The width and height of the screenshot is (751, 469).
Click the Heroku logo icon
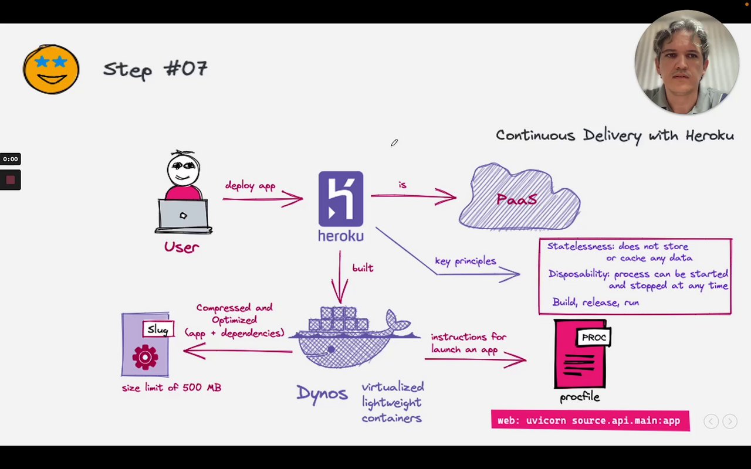point(341,199)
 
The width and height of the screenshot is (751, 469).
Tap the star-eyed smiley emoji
point(51,69)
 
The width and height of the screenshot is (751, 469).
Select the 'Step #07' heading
point(155,69)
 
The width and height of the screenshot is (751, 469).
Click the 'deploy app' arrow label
point(250,186)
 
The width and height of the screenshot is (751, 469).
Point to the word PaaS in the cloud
point(517,199)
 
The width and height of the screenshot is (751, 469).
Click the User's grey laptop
point(183,216)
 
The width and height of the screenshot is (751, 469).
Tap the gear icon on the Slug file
point(145,356)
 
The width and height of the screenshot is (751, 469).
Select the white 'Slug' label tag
point(158,329)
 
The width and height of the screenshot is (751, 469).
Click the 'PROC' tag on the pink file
point(594,338)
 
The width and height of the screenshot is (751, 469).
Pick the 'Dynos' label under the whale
point(322,393)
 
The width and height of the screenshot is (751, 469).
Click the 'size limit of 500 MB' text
point(171,388)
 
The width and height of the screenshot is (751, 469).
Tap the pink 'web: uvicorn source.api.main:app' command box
point(590,420)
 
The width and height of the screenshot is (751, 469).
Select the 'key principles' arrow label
point(465,261)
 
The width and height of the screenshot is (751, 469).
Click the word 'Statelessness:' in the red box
point(580,247)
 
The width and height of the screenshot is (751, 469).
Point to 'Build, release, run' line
point(596,303)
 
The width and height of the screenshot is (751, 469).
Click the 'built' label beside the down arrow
point(363,268)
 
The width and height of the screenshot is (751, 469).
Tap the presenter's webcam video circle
point(686,62)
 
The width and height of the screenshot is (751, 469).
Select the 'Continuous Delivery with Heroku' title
point(614,135)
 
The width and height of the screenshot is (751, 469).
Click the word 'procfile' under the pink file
point(580,397)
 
